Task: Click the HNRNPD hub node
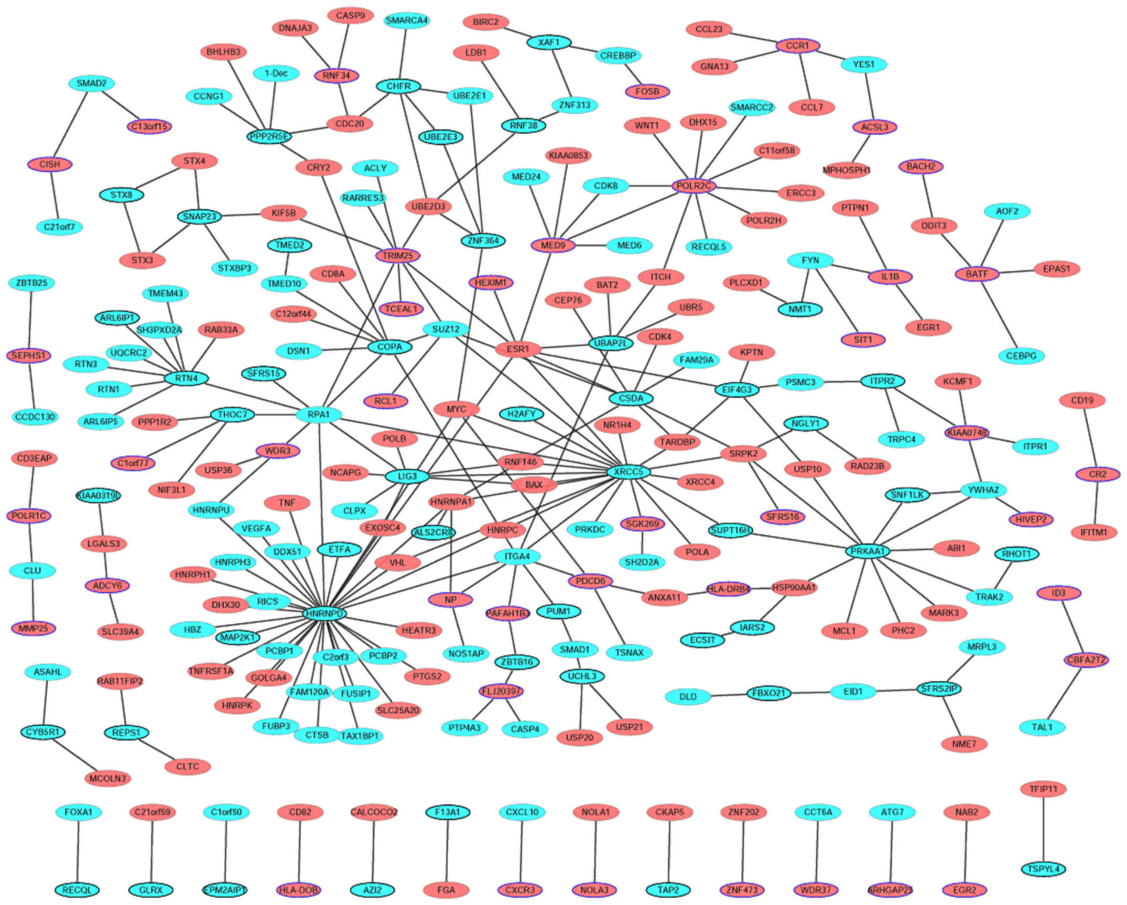pos(325,613)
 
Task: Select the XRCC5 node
pos(628,472)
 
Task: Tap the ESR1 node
pos(518,349)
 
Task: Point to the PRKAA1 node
pos(868,551)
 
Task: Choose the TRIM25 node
pos(398,256)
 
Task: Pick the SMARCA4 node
pos(407,20)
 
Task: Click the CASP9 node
pos(350,15)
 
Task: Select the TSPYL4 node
pos(1043,869)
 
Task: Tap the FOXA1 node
pos(78,812)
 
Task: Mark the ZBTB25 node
pos(31,283)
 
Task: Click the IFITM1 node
pos(1094,532)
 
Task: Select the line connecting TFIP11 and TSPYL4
pos(1043,829)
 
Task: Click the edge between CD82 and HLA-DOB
pos(300,851)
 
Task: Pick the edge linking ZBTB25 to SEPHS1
pos(31,319)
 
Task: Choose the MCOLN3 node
pos(107,778)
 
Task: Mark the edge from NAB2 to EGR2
pos(966,851)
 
